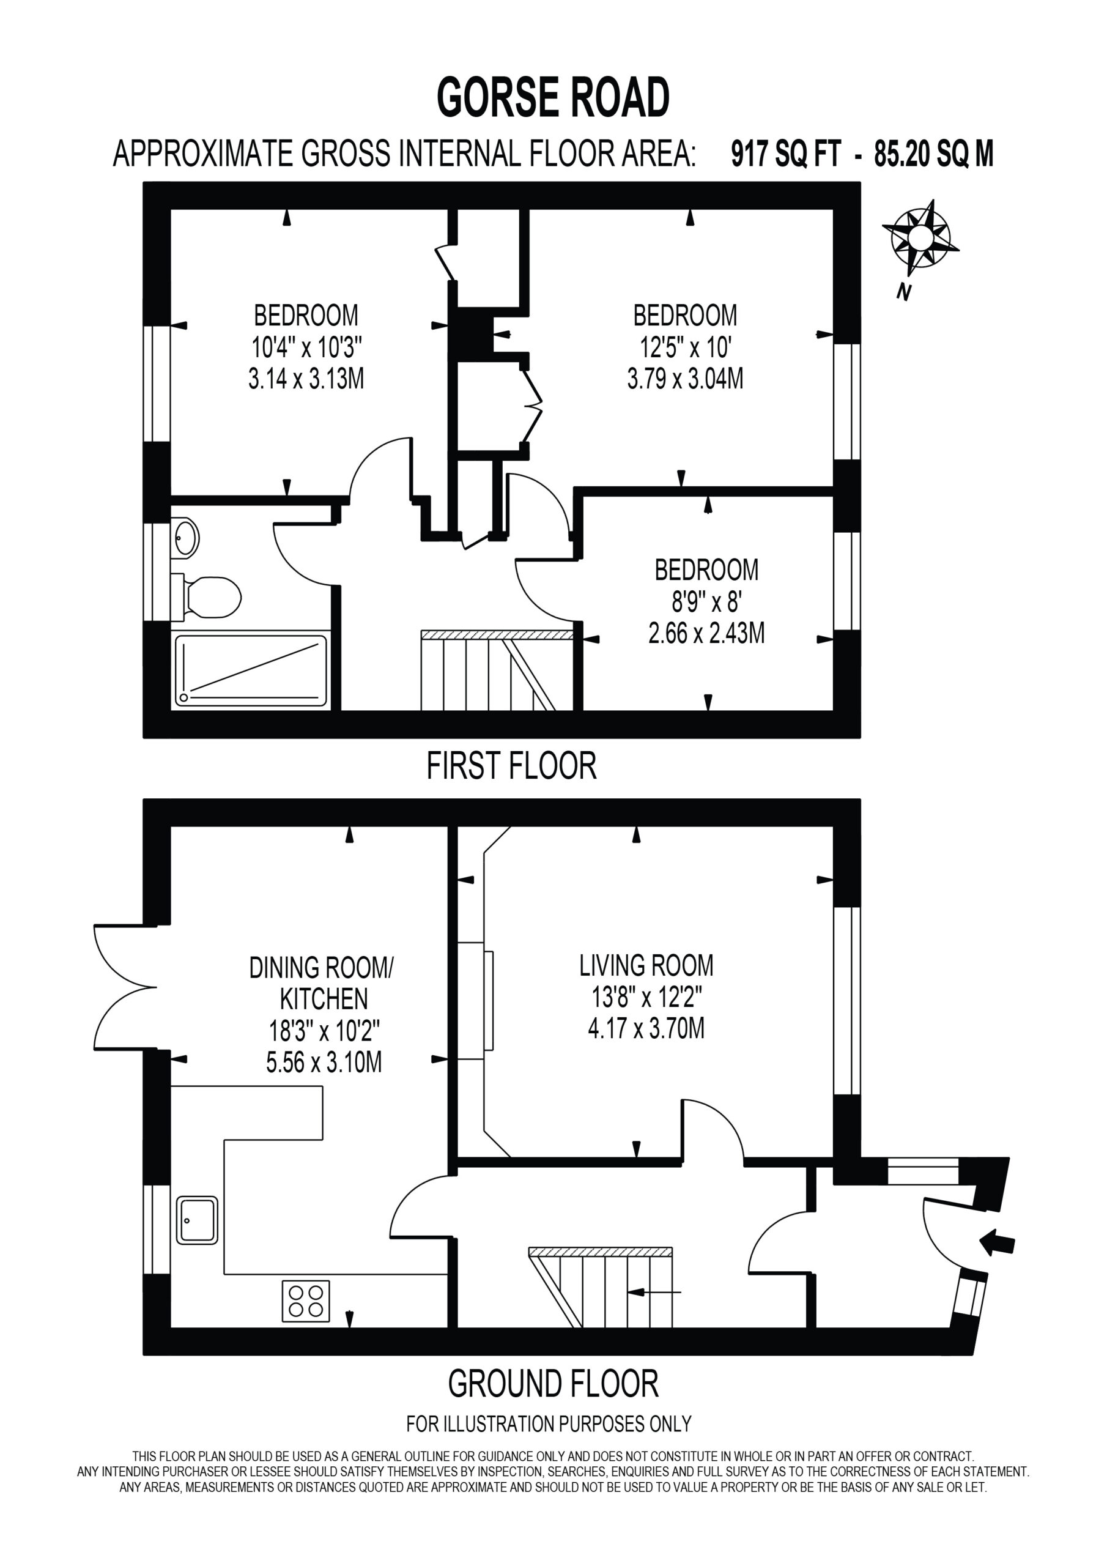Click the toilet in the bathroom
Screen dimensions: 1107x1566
(x=206, y=597)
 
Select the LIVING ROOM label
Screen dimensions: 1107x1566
(x=646, y=965)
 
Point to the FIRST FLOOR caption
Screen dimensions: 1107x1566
(x=511, y=765)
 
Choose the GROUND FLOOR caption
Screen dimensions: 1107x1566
(x=553, y=1383)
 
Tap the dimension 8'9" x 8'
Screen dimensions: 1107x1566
(x=706, y=601)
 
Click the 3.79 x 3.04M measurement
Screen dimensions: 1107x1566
(x=685, y=378)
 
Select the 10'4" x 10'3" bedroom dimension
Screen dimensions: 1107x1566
(x=306, y=348)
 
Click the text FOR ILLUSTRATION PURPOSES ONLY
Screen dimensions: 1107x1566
(x=549, y=1423)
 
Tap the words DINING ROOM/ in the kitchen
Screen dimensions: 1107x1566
(x=321, y=968)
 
